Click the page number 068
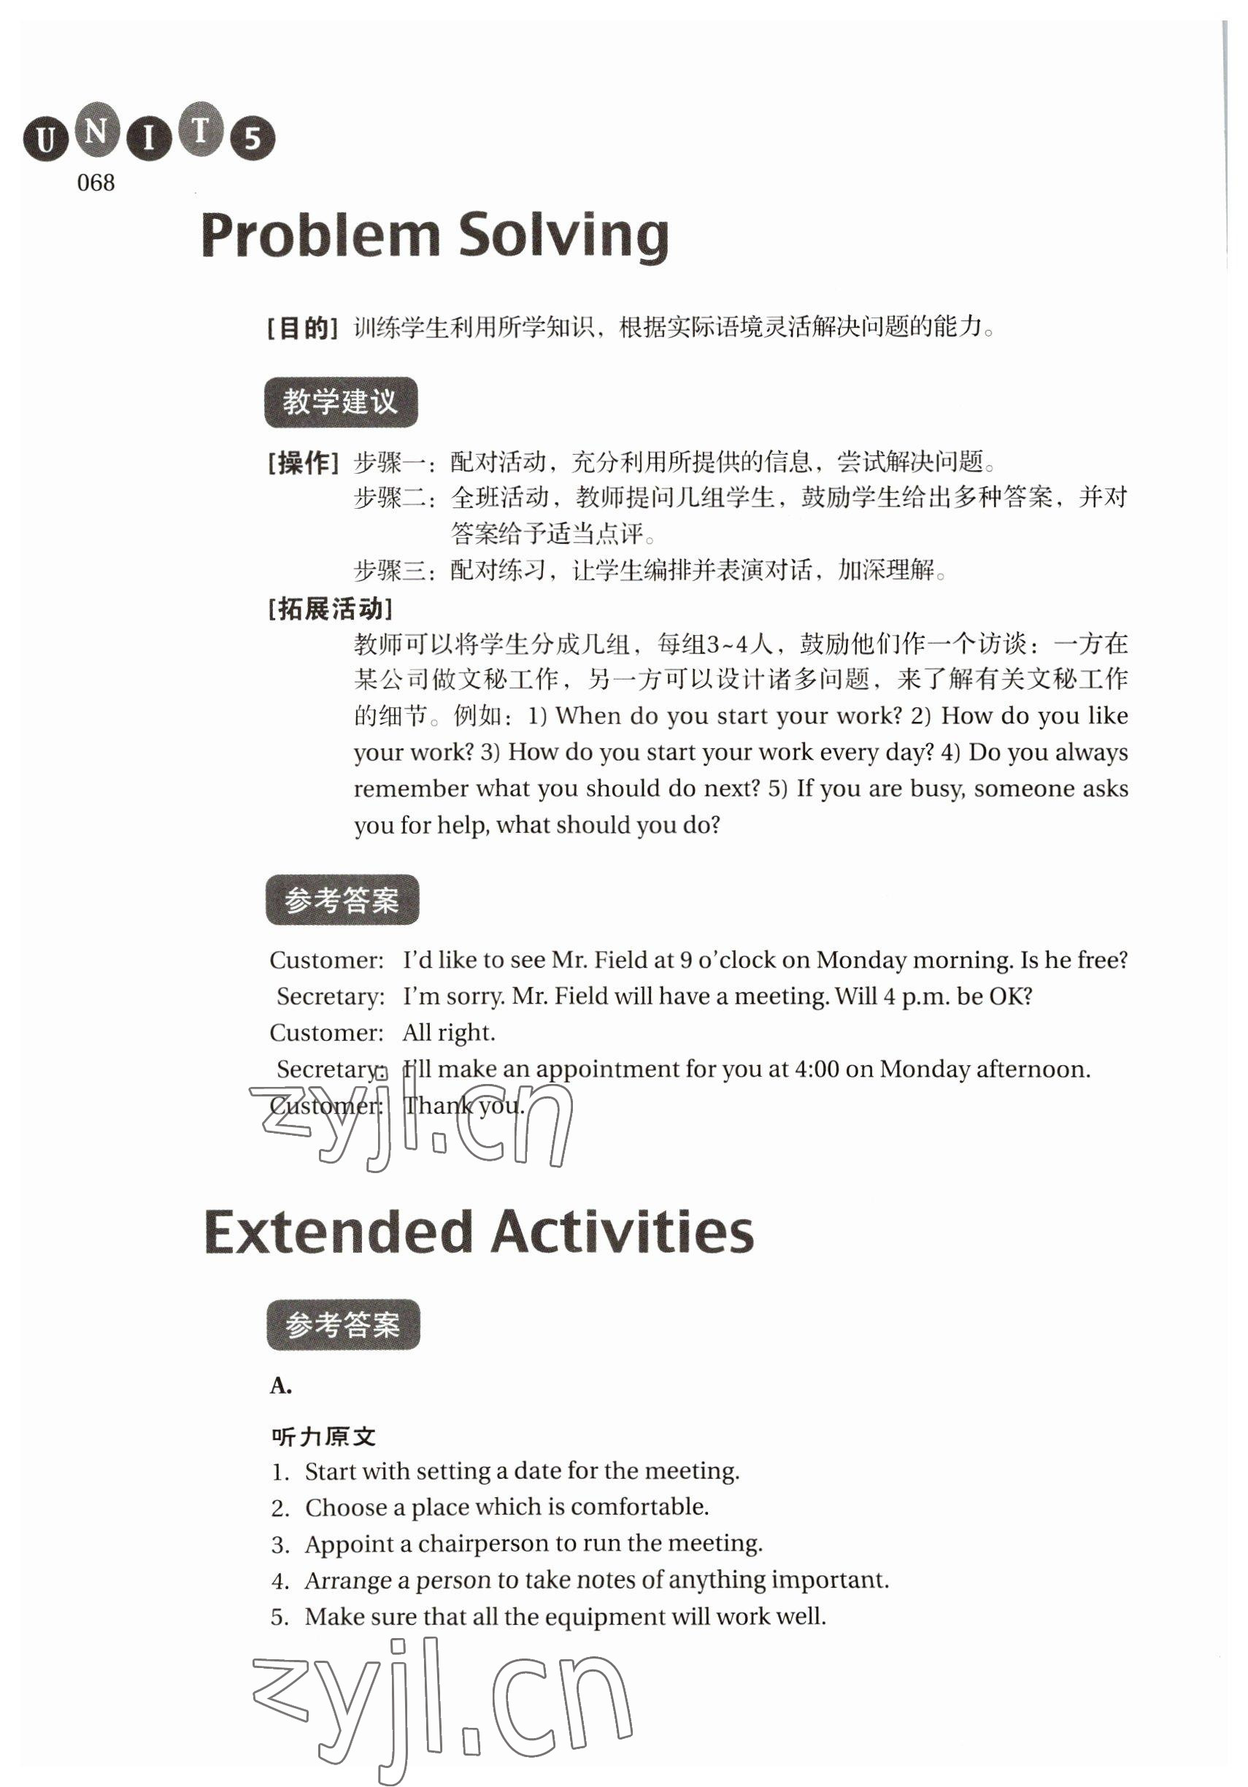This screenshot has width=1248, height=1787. coord(96,183)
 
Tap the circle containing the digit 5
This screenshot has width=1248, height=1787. coord(252,139)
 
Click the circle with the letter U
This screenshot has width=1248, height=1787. coord(46,139)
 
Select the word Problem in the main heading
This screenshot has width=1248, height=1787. coord(320,235)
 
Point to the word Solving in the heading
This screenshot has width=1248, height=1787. coord(563,235)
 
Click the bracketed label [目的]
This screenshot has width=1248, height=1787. coord(302,328)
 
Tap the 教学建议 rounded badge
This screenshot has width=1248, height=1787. coord(341,401)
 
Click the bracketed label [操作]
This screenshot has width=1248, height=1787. coord(303,463)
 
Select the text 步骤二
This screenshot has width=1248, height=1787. coord(390,498)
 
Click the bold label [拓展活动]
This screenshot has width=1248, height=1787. coord(330,608)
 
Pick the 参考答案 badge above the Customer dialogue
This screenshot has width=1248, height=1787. coord(342,900)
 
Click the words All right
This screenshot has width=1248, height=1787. coord(448,1033)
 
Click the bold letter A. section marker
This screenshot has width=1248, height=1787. coord(281,1386)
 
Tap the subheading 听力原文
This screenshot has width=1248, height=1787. coord(323,1437)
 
